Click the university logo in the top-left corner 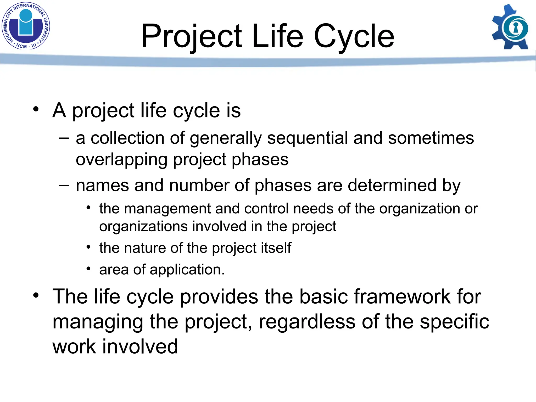pyautogui.click(x=26, y=26)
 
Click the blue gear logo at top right pyautogui.click(x=510, y=27)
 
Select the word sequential pyautogui.click(x=307, y=138)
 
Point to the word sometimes pyautogui.click(x=431, y=138)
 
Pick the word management pyautogui.click(x=167, y=209)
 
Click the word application pyautogui.click(x=187, y=270)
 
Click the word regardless pyautogui.click(x=307, y=322)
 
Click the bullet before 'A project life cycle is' pyautogui.click(x=36, y=109)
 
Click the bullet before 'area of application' pyautogui.click(x=88, y=268)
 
